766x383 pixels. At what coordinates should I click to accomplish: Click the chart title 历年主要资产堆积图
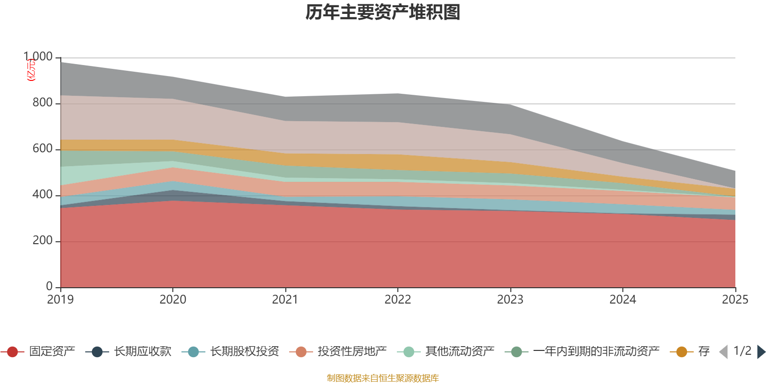383,12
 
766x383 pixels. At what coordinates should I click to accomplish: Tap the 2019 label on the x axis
60,300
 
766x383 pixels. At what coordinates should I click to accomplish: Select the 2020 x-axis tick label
173,300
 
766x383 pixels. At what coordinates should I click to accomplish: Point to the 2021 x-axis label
285,300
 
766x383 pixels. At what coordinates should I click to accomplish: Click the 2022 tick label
398,300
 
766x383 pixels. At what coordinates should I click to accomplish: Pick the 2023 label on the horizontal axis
510,300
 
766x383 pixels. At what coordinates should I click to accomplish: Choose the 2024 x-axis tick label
622,300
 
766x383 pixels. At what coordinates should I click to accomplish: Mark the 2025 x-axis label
735,300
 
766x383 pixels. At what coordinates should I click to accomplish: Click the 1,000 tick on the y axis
38,57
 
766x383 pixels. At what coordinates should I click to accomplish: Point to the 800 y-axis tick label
43,103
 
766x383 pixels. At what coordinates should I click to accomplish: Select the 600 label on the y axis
43,149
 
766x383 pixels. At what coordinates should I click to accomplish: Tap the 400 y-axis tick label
43,195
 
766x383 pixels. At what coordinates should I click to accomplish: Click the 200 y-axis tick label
43,241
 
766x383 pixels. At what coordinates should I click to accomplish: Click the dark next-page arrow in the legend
761,352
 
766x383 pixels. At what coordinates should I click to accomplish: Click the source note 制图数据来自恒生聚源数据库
383,378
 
